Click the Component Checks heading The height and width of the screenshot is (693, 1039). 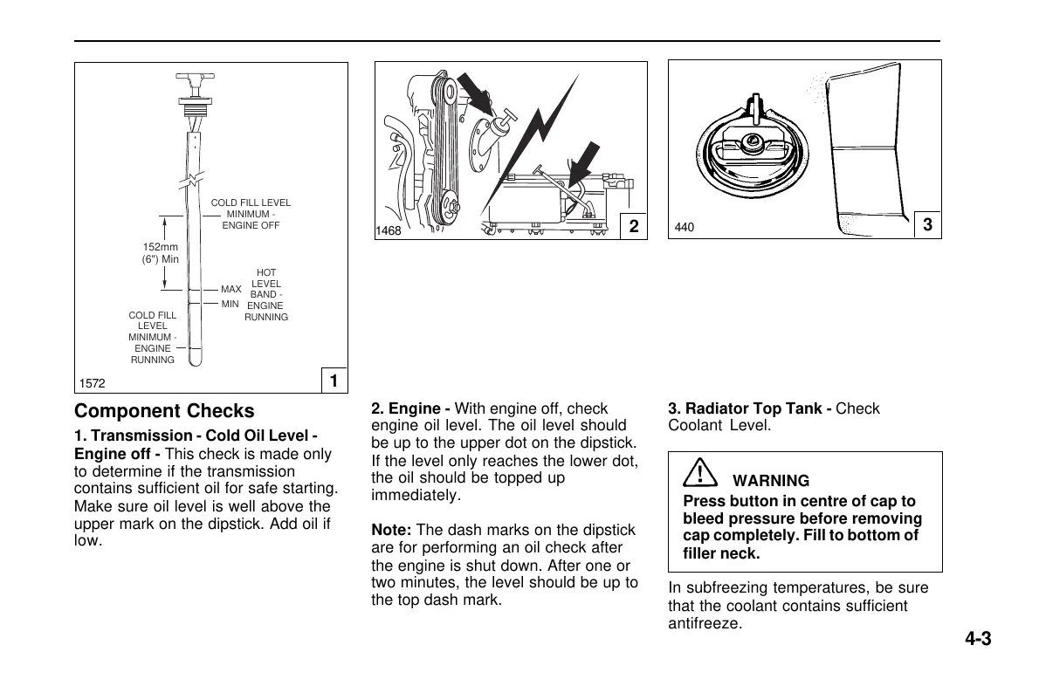click(165, 411)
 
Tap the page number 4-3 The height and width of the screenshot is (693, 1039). click(978, 639)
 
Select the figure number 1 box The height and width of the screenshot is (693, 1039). click(334, 381)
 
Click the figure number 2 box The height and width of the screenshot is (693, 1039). click(634, 227)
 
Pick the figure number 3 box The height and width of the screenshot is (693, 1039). click(927, 225)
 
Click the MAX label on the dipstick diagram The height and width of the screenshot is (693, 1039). click(231, 289)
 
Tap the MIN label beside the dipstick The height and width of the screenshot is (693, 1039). click(230, 304)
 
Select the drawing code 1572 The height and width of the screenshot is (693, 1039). click(92, 384)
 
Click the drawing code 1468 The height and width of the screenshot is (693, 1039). click(389, 231)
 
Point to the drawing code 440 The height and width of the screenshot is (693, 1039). click(685, 229)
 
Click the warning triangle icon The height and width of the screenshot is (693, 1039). click(700, 474)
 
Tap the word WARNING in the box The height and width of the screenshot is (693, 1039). click(770, 481)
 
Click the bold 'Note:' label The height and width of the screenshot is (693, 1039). click(392, 530)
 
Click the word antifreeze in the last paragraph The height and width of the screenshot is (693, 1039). click(705, 624)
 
